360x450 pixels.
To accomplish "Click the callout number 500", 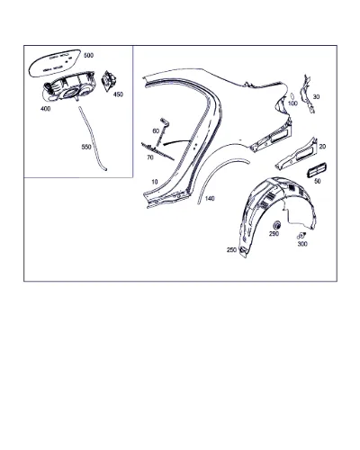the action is pos(88,55).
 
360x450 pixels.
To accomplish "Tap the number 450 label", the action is pos(118,94).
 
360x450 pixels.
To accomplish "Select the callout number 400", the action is pos(46,109).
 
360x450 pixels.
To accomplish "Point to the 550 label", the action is pos(86,147).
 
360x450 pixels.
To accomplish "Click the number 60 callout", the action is pos(156,131).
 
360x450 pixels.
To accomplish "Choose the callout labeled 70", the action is pos(150,157).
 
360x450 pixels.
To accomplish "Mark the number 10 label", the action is pos(155,182).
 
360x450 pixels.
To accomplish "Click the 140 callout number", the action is pos(210,199).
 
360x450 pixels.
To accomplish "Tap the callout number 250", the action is pos(231,249).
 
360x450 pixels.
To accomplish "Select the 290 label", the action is pos(274,234).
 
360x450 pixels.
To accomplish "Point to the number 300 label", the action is pos(302,244).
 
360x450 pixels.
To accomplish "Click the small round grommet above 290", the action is pos(277,225).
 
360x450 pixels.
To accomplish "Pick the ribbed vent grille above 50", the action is pos(316,171).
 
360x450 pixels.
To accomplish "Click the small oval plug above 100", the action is pos(292,96).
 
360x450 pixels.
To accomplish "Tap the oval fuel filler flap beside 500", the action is pos(55,63).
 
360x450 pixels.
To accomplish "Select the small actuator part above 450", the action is pos(109,80).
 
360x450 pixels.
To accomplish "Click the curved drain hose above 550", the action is pos(92,139).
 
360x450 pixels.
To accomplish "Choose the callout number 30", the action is pos(316,97).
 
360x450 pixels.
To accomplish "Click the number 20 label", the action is pos(322,147).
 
